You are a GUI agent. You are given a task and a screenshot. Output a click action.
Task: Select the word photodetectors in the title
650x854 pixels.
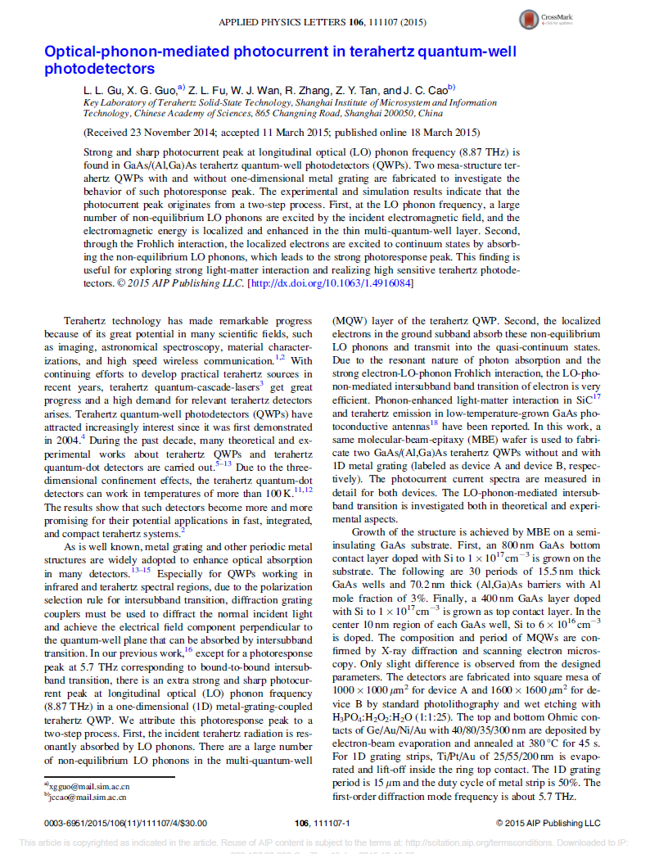coord(99,69)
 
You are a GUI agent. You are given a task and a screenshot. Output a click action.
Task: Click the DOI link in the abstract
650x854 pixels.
coord(330,283)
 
